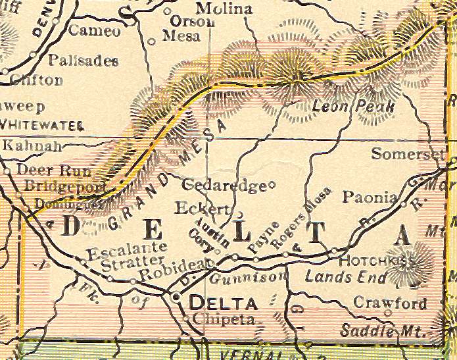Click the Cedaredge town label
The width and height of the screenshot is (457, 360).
tap(223, 185)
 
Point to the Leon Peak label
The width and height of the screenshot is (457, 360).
tap(353, 106)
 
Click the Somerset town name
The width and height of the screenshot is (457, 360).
tap(408, 154)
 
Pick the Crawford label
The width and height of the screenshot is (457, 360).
tap(390, 303)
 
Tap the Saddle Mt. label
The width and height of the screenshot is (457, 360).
tap(383, 331)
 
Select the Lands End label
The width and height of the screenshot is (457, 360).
tap(338, 276)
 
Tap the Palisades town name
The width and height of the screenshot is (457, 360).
tap(83, 61)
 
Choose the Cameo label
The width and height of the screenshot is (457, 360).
tap(95, 30)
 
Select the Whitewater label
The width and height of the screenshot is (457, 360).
tap(42, 124)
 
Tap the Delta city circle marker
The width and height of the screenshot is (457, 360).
tap(176, 298)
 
